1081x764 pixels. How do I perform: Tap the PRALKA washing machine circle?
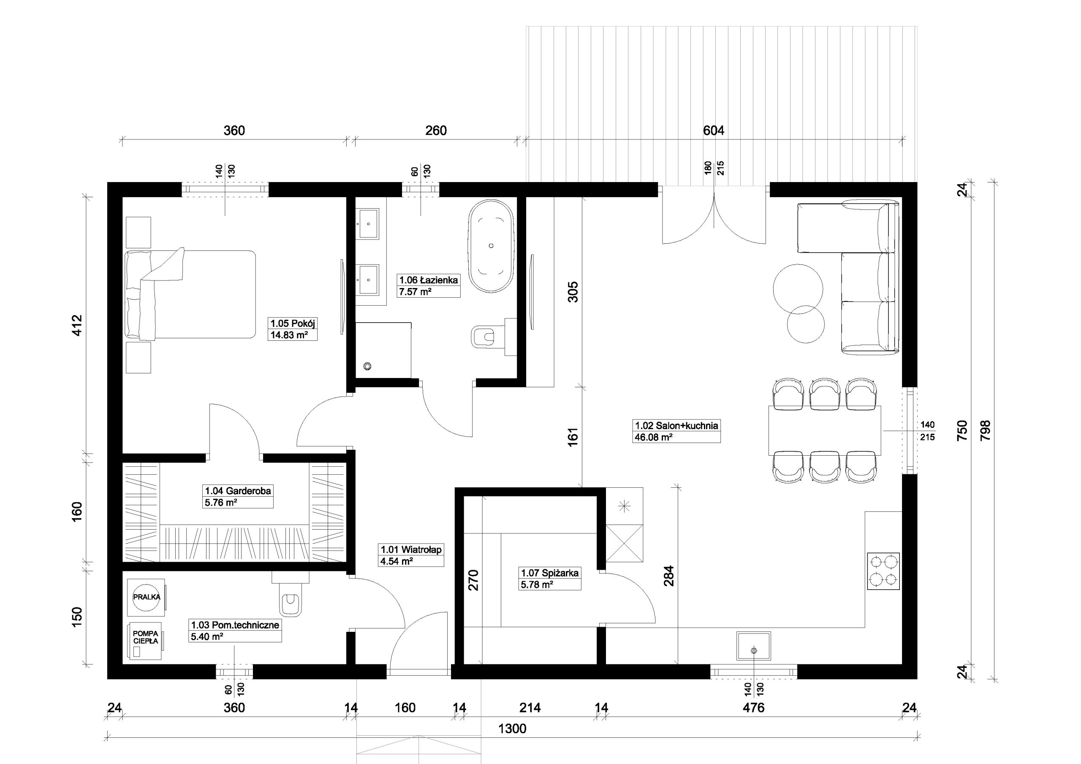(147, 597)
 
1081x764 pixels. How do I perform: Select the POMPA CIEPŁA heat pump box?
(146, 641)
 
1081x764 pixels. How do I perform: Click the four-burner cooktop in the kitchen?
(883, 571)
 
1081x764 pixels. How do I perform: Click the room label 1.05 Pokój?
(292, 323)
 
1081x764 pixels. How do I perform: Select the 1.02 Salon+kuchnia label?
(676, 425)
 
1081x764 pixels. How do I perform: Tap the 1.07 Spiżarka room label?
(549, 573)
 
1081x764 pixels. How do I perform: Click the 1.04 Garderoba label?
(238, 491)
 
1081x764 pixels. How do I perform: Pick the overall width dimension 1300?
(512, 729)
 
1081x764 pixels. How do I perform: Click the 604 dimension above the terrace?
(713, 131)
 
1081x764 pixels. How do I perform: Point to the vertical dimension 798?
(986, 430)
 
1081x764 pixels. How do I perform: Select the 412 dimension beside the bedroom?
(77, 325)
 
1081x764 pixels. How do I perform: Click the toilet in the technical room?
(290, 594)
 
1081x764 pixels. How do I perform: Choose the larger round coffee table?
(798, 289)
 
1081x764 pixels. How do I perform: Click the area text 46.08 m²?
(654, 437)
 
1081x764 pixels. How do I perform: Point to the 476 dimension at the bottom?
(754, 707)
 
